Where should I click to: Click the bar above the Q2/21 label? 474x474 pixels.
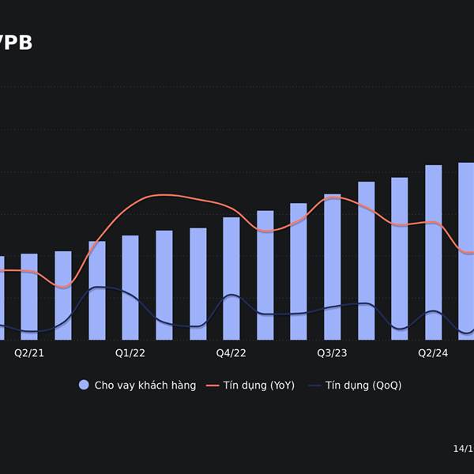click(x=29, y=296)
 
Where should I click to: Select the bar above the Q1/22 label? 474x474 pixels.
click(x=130, y=288)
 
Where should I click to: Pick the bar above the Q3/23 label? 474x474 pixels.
click(x=333, y=266)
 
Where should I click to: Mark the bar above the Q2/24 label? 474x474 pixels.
click(x=434, y=252)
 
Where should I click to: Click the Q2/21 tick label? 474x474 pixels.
click(x=29, y=352)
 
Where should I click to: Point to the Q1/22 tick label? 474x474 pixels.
click(x=130, y=352)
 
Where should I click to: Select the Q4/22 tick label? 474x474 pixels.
click(x=231, y=352)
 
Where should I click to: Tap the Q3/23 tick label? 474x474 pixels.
click(x=333, y=352)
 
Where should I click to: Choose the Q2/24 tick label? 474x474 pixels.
click(x=434, y=352)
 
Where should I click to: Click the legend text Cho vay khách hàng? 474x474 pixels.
click(x=145, y=386)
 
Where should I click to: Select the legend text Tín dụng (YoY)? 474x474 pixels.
click(x=258, y=386)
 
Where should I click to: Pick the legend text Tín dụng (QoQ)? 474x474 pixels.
click(x=363, y=386)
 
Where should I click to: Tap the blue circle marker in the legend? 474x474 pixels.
click(x=84, y=386)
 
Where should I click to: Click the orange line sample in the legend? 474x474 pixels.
click(x=212, y=386)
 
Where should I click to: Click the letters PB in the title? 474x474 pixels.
click(x=19, y=43)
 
